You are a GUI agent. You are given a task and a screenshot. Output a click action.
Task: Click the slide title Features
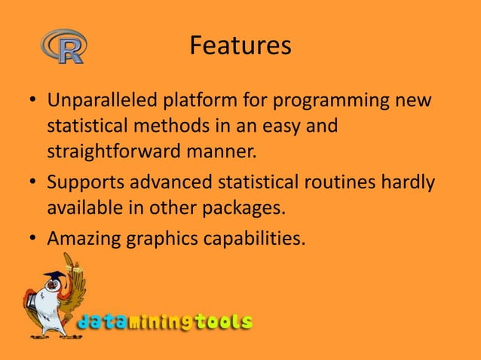pos(240,47)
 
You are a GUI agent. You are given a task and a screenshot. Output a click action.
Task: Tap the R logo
pos(63,45)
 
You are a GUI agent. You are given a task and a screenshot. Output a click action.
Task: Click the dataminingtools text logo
pos(165,322)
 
